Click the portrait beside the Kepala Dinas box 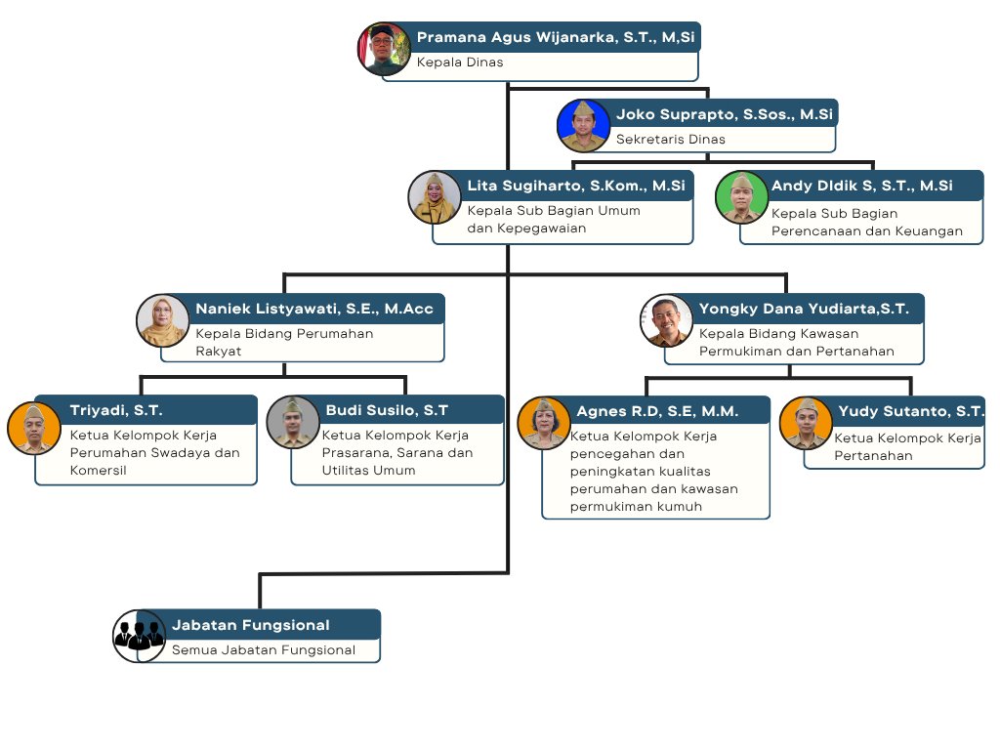coord(384,49)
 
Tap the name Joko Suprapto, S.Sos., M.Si coord(724,114)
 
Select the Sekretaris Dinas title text coord(670,139)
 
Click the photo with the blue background coord(584,126)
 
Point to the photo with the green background coord(741,197)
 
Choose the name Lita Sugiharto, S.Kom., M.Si coord(576,186)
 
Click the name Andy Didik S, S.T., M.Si coord(861,186)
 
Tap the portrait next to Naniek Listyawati coord(163,320)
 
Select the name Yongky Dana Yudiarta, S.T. coord(804,309)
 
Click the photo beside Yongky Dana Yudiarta coord(666,320)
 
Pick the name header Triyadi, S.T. coord(116,410)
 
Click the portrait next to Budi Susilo coord(293,422)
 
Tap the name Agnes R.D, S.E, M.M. coord(657,411)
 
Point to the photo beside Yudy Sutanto coord(806,423)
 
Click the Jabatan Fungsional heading coord(251,625)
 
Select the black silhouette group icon coord(139,636)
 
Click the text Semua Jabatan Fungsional coord(264,649)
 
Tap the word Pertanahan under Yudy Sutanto coord(873,455)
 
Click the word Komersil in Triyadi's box coord(99,470)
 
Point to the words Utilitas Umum coord(368,470)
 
